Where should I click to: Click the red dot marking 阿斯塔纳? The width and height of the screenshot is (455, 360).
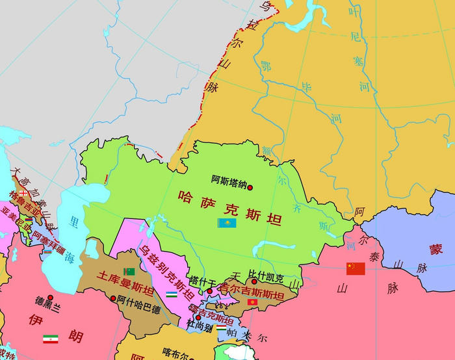pyautogui.click(x=250, y=187)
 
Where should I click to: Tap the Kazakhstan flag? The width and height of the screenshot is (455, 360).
pyautogui.click(x=226, y=223)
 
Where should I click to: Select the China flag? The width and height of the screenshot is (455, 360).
pyautogui.click(x=356, y=268)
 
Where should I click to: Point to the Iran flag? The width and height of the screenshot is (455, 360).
pyautogui.click(x=50, y=339)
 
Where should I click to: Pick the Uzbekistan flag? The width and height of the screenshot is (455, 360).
pyautogui.click(x=171, y=294)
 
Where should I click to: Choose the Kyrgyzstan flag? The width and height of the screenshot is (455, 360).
pyautogui.click(x=252, y=303)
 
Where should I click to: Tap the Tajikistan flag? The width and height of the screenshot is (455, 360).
pyautogui.click(x=222, y=329)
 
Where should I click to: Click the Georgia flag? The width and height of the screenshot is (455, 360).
pyautogui.click(x=24, y=192)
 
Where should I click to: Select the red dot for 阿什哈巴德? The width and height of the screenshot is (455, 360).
pyautogui.click(x=114, y=299)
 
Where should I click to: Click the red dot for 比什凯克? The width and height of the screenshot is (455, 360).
pyautogui.click(x=254, y=281)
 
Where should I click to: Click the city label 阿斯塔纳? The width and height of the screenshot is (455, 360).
pyautogui.click(x=229, y=181)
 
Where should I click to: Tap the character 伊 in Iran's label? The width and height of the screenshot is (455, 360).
pyautogui.click(x=36, y=319)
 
